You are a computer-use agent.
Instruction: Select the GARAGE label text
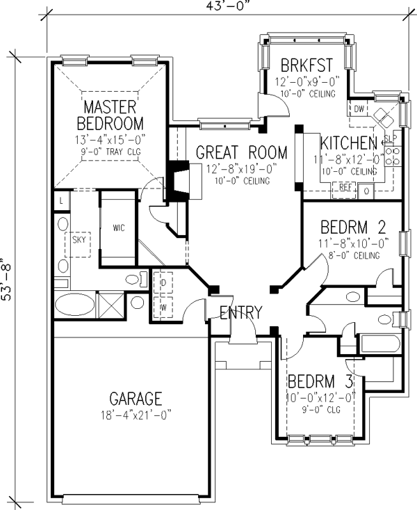[x=136, y=399]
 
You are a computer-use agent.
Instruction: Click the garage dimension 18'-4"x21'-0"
[x=136, y=415]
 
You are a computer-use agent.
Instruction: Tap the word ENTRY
[x=240, y=312]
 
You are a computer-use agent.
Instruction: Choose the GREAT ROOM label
[x=241, y=152]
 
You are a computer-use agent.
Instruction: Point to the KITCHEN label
[x=349, y=143]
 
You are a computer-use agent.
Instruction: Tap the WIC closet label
[x=115, y=228]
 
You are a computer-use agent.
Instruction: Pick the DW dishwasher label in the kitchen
[x=359, y=110]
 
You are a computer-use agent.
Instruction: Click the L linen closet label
[x=62, y=201]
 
